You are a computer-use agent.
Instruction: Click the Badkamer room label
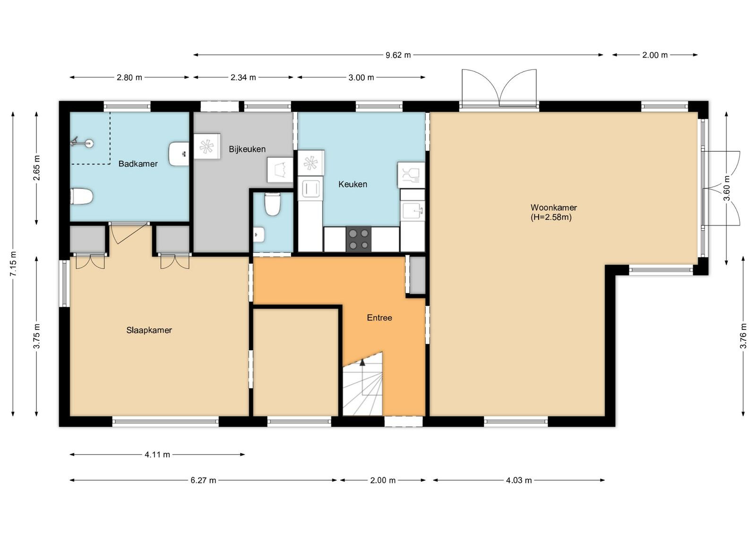coord(137,164)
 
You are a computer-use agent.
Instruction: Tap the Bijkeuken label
coord(247,149)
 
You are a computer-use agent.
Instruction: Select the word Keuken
coord(352,184)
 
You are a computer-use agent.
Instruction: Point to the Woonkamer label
coord(553,207)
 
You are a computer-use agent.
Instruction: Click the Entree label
coord(379,318)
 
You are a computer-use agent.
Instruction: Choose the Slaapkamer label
coord(149,330)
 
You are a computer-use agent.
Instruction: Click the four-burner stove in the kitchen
coord(359,239)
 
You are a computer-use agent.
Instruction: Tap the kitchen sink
coord(412,211)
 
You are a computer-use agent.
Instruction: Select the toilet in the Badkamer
coord(81,197)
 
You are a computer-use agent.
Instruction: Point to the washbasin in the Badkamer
coord(179,154)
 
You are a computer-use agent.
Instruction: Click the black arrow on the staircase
coord(362,362)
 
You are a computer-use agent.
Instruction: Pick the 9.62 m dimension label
coord(398,55)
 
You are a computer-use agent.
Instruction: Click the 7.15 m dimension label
coord(13,264)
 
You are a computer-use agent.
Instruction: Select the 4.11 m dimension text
coord(157,454)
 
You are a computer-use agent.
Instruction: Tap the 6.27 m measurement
coord(203,480)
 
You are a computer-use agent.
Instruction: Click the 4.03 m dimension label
coord(519,480)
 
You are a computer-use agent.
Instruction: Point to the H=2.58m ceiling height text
coord(551,217)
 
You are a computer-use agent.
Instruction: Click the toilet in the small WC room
coord(272,204)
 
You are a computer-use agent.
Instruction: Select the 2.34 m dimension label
coord(243,78)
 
